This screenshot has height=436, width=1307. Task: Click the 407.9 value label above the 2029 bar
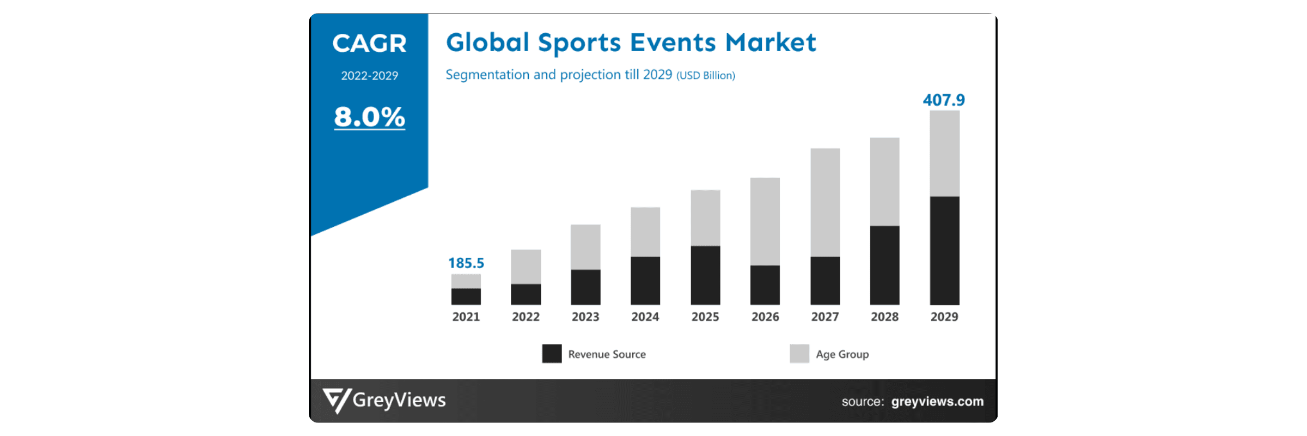pos(943,100)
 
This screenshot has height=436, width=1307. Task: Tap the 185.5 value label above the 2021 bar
pos(466,263)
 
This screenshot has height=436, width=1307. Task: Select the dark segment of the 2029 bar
pos(944,250)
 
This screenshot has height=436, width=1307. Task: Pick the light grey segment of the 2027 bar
pos(825,202)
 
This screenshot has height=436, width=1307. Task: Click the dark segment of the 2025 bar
pos(705,275)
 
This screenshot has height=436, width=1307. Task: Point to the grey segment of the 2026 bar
pos(765,221)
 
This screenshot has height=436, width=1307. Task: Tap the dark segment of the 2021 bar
pos(466,296)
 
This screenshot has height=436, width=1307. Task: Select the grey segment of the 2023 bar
pos(585,247)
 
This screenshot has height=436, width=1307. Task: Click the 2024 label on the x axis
pos(645,317)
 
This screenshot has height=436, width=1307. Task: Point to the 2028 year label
pos(884,317)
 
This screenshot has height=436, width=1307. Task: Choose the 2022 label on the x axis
pos(526,317)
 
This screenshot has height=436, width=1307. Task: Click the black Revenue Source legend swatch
pos(552,354)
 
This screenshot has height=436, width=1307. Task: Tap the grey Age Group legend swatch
pos(799,354)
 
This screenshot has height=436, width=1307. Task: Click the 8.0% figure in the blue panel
pos(369,117)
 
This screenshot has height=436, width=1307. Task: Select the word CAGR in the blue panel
pos(369,44)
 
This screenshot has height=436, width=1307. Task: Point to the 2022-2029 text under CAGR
pos(369,76)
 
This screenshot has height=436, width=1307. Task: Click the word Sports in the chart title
pos(579,43)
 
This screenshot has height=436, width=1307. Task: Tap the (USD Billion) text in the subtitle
pos(705,76)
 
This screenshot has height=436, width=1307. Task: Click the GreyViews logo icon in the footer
pos(336,401)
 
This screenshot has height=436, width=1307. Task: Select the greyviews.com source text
pos(937,402)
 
